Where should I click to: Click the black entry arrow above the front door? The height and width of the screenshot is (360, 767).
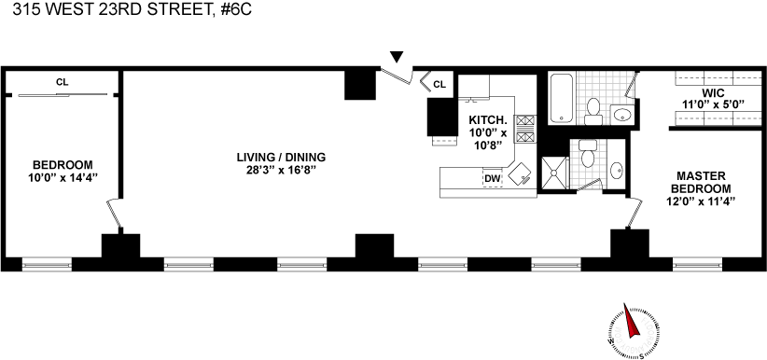(x=397, y=57)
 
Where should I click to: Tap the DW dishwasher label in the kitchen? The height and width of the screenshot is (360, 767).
(x=493, y=179)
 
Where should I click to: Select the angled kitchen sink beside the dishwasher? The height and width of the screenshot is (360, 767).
(x=521, y=174)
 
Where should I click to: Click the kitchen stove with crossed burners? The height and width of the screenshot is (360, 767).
(x=525, y=129)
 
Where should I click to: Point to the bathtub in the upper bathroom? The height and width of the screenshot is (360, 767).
(x=561, y=98)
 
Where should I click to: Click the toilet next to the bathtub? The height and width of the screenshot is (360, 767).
(x=593, y=112)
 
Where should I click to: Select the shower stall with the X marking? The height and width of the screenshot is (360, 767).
(x=554, y=173)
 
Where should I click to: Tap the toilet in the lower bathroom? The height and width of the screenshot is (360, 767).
(x=588, y=154)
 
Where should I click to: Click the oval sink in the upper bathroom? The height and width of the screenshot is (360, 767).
(x=621, y=116)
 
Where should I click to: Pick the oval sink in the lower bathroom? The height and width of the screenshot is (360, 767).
(x=617, y=171)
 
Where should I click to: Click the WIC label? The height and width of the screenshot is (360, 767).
(x=712, y=93)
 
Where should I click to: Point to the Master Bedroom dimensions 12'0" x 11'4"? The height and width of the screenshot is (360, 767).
(x=701, y=201)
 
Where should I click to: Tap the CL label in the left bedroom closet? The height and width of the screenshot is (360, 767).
(x=63, y=82)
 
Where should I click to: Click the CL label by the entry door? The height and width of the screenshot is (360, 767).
(x=439, y=85)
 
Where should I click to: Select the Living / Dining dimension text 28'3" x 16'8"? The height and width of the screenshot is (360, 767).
(x=281, y=171)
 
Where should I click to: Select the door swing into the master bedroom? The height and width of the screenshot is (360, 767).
(x=635, y=212)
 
